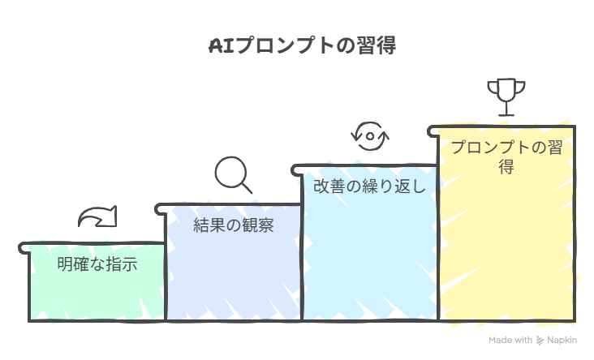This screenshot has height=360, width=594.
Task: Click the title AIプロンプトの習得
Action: pyautogui.click(x=303, y=45)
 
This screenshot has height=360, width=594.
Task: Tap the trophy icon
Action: pyautogui.click(x=506, y=97)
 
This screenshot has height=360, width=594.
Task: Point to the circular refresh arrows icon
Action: pyautogui.click(x=370, y=136)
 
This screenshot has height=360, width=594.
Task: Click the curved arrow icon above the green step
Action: pyautogui.click(x=97, y=216)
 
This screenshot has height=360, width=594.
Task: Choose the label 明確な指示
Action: pyautogui.click(x=97, y=264)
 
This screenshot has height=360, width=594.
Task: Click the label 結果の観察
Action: pyautogui.click(x=234, y=225)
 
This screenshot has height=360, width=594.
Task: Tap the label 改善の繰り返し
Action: pyautogui.click(x=370, y=186)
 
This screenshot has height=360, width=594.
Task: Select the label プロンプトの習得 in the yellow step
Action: pyautogui.click(x=506, y=156)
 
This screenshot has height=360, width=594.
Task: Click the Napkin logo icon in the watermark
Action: pyautogui.click(x=540, y=341)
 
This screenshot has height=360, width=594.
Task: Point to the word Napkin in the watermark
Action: pyautogui.click(x=562, y=340)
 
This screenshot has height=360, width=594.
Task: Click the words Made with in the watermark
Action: pyautogui.click(x=510, y=340)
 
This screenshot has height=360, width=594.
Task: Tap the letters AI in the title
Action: pyautogui.click(x=222, y=45)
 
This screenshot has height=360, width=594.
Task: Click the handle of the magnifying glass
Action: pyautogui.click(x=246, y=187)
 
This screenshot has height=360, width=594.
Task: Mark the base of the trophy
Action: pyautogui.click(x=506, y=114)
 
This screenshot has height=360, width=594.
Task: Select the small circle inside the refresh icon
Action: pyautogui.click(x=370, y=136)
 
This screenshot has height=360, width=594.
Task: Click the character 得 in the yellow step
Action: pyautogui.click(x=506, y=166)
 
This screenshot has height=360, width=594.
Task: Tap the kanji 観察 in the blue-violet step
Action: pyautogui.click(x=257, y=225)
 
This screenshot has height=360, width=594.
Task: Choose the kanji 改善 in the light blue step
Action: pyautogui.click(x=329, y=186)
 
